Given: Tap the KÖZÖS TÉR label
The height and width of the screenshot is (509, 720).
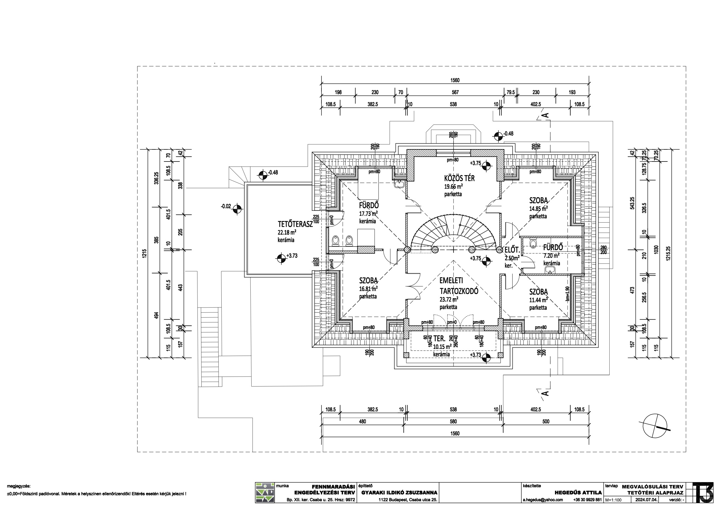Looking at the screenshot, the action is click(x=459, y=178).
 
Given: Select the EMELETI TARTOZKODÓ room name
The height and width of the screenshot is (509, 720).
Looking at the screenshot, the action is click(x=458, y=286).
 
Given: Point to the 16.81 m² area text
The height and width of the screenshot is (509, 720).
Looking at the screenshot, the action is click(x=368, y=289).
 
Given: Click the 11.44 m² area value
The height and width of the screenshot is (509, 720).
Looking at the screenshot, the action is click(x=539, y=300).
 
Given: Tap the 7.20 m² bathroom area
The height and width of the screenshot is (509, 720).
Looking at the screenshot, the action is click(x=551, y=256).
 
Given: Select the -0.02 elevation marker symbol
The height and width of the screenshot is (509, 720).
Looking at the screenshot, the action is click(x=237, y=208).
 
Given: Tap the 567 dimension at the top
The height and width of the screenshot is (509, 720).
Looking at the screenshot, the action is click(x=455, y=92).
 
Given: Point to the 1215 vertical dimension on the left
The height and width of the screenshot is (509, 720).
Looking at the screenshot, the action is click(x=145, y=253).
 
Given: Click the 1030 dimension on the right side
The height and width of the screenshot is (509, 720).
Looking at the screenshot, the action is click(x=656, y=250).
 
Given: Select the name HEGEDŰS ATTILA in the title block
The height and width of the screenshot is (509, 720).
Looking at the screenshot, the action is click(x=578, y=492).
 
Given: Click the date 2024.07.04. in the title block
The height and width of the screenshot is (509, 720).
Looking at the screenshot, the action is click(x=647, y=500).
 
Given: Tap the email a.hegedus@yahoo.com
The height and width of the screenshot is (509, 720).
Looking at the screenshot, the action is click(x=542, y=500).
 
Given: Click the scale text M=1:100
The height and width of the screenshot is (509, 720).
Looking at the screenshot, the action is click(x=613, y=500).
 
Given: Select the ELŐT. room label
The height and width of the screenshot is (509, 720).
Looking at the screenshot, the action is click(x=512, y=250).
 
